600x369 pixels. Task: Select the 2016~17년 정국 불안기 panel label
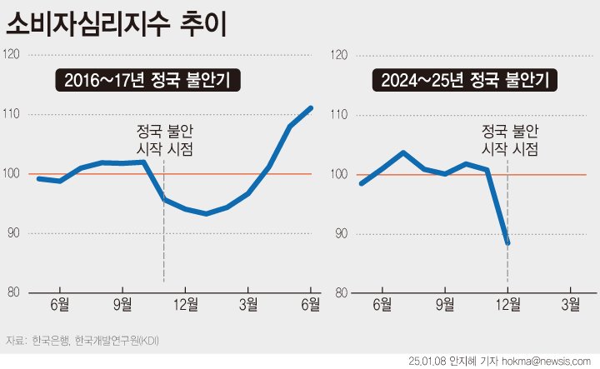149,81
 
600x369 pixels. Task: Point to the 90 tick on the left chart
14,234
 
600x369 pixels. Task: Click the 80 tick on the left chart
14,293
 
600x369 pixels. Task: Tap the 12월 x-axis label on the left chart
185,304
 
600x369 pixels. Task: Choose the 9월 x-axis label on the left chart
122,304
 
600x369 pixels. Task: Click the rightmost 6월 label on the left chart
310,304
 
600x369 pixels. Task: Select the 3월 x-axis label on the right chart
571,304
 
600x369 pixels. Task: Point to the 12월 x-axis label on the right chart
507,304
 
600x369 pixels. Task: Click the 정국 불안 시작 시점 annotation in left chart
164,140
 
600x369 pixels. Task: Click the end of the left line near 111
311,107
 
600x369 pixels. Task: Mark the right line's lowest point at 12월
507,243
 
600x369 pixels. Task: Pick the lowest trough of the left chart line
206,213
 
